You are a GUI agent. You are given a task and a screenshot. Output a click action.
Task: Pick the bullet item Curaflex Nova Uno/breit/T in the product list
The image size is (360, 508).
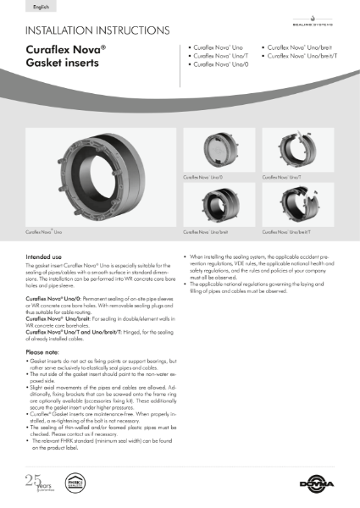click(x=302, y=56)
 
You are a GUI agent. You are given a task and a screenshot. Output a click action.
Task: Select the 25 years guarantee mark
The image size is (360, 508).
click(x=35, y=484)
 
